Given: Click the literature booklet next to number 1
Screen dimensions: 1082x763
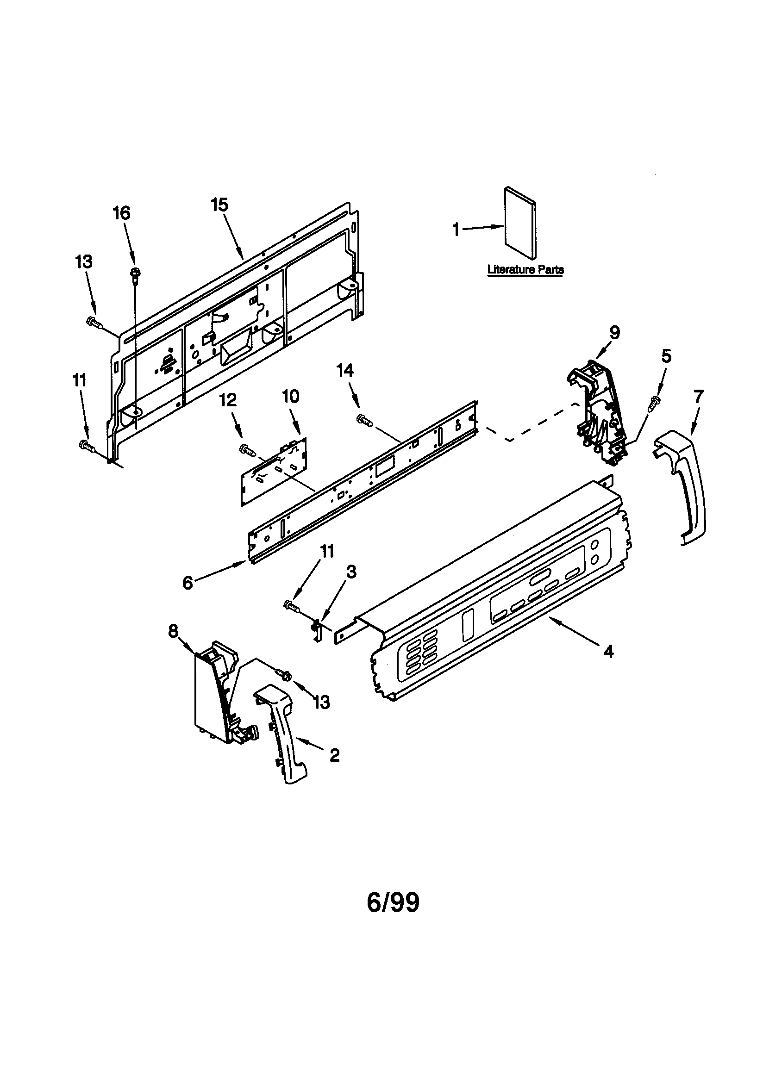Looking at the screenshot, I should click(x=519, y=224).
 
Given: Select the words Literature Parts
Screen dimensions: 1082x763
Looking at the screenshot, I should click(x=525, y=270).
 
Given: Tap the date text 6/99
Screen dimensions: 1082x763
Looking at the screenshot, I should click(x=393, y=903).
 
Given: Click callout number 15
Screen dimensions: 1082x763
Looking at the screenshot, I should click(x=220, y=205).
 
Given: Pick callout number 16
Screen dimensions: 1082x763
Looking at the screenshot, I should click(x=121, y=213).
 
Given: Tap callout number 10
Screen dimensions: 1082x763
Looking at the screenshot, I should click(x=291, y=396).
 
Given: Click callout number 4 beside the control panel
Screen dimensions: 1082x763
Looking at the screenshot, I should click(x=609, y=652).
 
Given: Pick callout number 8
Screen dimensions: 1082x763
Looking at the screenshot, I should click(x=174, y=630).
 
